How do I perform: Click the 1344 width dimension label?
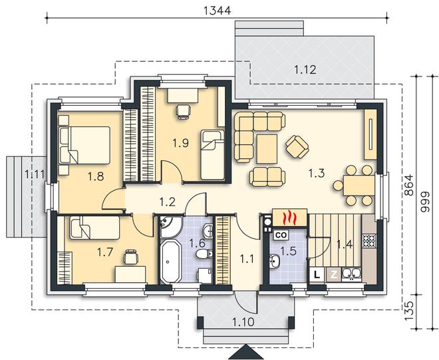coord(217,11)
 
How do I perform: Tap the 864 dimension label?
coord(409,185)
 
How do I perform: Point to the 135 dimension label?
coord(409,311)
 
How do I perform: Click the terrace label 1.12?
coord(305,69)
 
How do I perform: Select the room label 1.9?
coord(180,143)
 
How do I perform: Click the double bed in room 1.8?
coord(84,145)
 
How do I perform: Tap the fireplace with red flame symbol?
coord(290,217)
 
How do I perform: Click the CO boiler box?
coord(281,235)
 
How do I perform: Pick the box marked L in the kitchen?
coord(317,274)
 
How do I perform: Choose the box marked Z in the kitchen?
coord(334,274)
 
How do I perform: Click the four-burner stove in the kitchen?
coord(370,241)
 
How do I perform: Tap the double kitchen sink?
coord(351,274)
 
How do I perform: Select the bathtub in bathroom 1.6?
coord(170,261)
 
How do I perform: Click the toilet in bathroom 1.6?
coord(204,254)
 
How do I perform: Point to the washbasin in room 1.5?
coord(274,262)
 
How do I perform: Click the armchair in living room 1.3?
coord(297,146)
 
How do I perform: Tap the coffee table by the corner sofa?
coord(267,149)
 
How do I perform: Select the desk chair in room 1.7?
coord(131,257)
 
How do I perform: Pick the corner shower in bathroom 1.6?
coord(170,226)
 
